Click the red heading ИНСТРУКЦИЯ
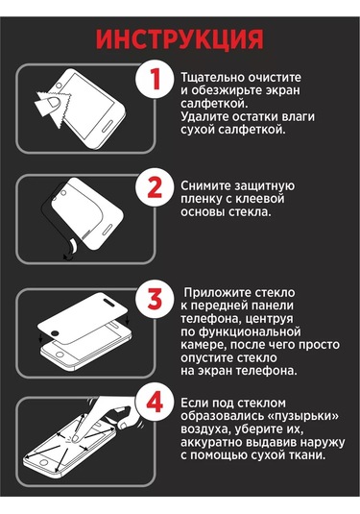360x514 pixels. (180, 38)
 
